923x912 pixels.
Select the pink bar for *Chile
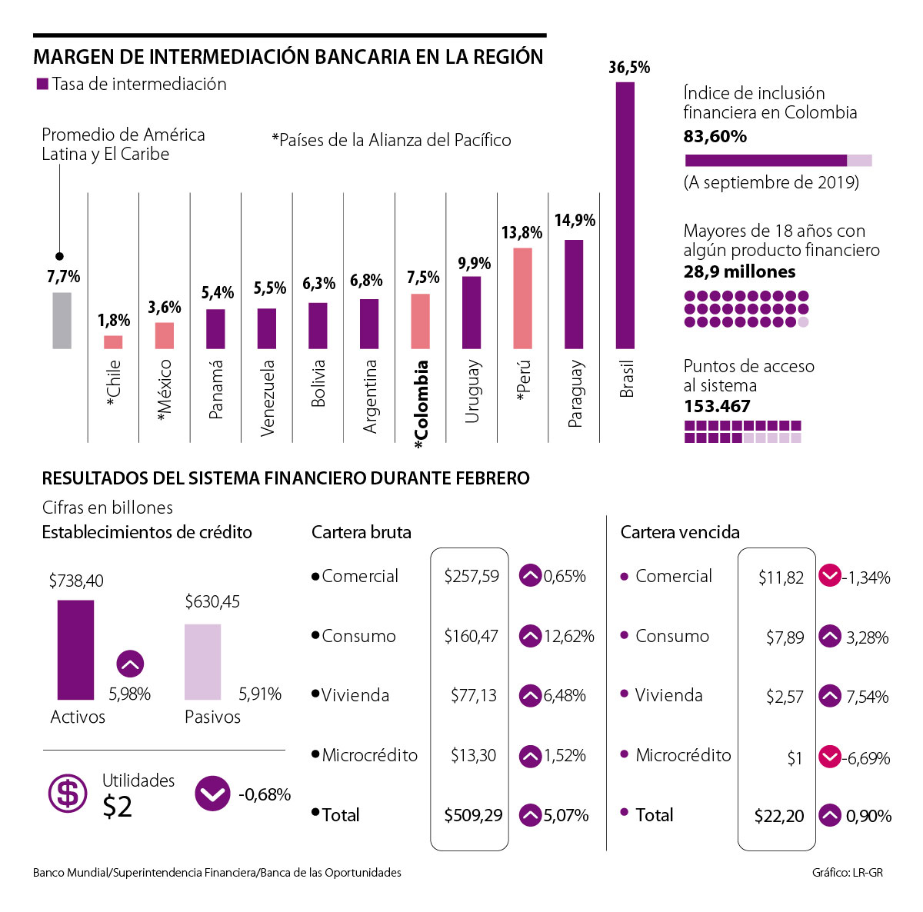113,342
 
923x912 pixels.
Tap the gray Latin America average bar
62,320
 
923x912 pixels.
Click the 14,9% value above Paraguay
575,221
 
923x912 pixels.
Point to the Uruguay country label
472,391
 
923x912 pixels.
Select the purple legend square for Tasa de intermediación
42,84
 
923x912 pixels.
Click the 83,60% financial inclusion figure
715,137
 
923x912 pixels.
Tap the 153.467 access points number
717,407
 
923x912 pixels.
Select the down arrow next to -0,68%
212,794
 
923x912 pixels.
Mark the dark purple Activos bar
75,650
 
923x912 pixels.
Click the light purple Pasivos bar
202,661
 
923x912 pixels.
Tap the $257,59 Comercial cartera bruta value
471,576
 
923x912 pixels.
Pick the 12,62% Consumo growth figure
568,637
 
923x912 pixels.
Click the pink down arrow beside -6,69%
829,757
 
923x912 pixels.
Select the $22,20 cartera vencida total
778,816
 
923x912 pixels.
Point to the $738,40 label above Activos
75,581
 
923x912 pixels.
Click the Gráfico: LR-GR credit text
847,873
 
